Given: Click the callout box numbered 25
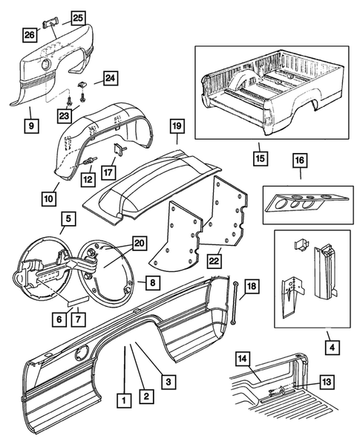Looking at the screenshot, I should coord(78,16).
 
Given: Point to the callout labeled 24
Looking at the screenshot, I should coord(110,79).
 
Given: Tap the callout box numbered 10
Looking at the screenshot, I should coord(49,199).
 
